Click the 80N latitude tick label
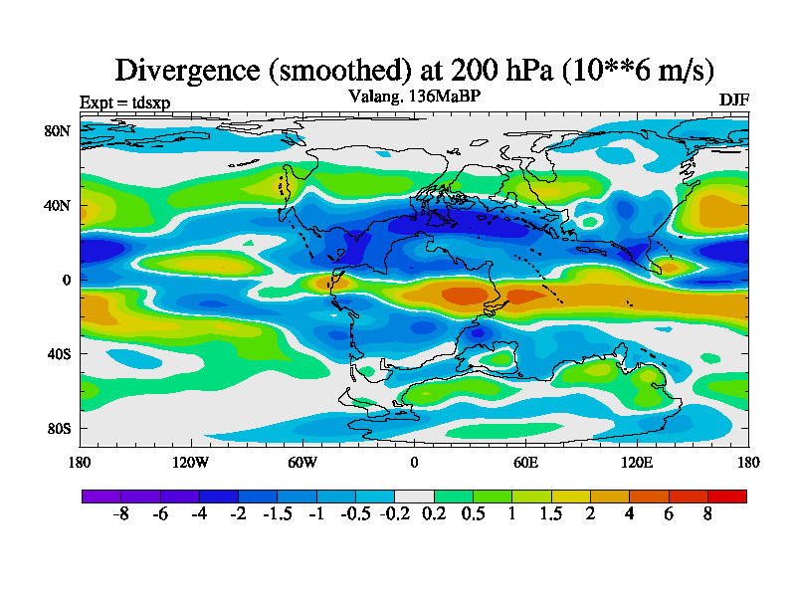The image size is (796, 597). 57,130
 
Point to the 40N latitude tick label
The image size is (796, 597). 57,205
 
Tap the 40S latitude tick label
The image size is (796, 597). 57,353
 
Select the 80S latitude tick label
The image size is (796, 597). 57,428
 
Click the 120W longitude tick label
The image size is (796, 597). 190,462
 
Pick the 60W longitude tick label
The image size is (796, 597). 301,462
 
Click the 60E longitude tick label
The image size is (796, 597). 525,462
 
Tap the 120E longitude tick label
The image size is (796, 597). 637,462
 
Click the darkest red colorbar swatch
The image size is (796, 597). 726,496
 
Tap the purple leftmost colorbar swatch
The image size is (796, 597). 100,496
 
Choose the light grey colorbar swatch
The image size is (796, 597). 414,496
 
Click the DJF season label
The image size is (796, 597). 733,100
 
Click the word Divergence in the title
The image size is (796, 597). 186,71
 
